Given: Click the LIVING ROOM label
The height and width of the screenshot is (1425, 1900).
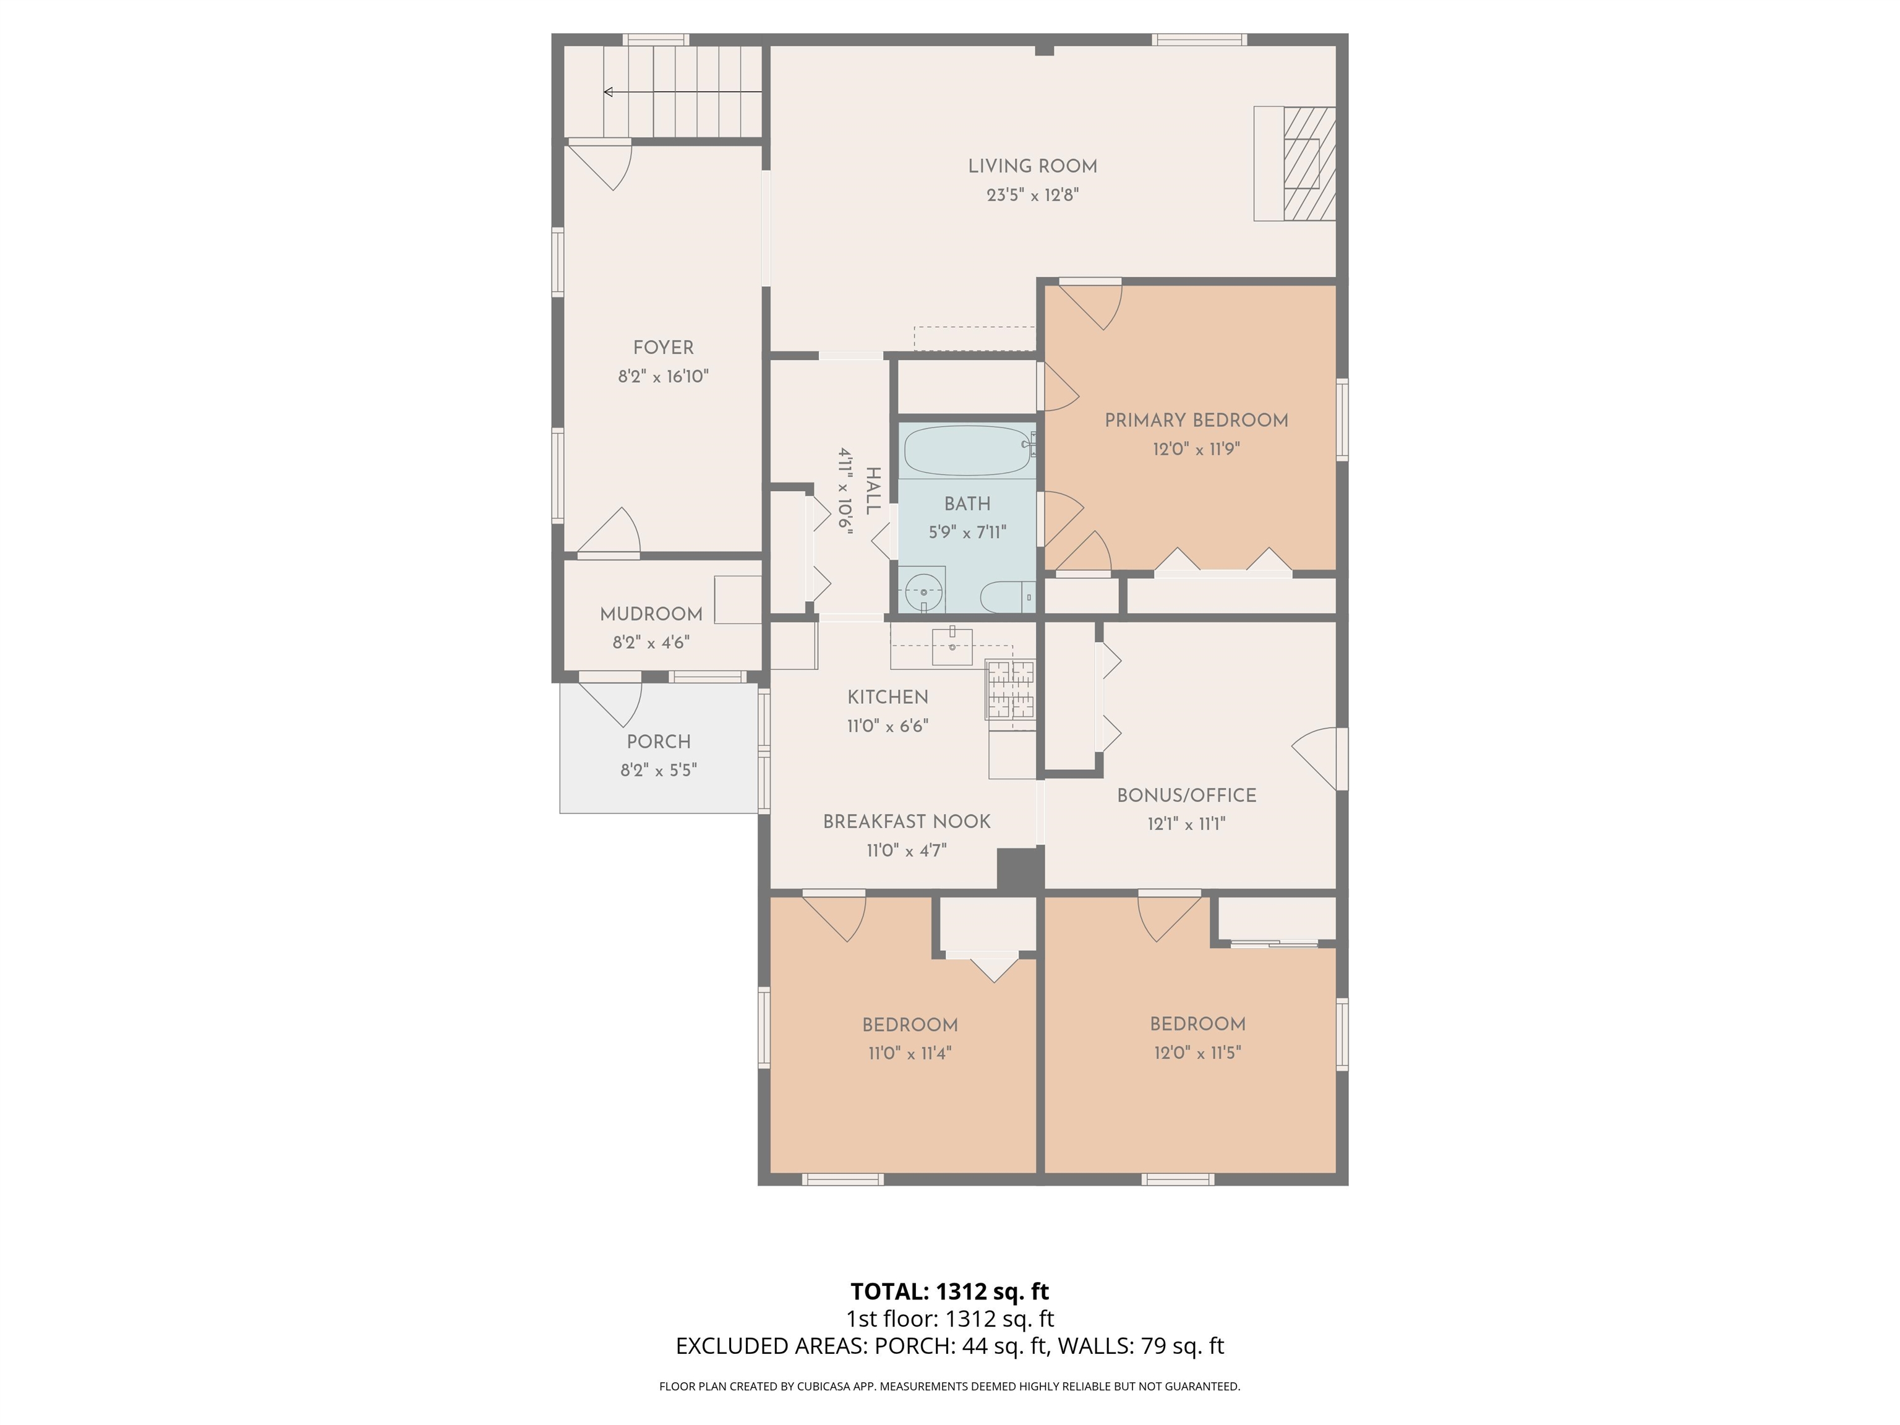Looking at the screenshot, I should (x=1032, y=166).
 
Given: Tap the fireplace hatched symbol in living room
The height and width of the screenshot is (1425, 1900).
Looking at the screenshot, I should (x=1309, y=163).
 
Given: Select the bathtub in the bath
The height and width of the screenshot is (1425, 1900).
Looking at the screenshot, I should (x=966, y=450).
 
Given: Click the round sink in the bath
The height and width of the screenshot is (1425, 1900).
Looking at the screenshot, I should (x=923, y=591).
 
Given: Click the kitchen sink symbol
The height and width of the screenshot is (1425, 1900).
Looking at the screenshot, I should (x=952, y=646).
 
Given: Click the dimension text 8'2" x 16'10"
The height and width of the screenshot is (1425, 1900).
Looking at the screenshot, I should (x=663, y=376).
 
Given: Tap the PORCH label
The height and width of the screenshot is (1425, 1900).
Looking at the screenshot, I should (x=659, y=742).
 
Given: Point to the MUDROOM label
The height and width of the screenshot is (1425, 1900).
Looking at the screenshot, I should (x=651, y=615).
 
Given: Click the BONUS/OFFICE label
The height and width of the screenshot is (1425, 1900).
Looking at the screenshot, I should (x=1186, y=796).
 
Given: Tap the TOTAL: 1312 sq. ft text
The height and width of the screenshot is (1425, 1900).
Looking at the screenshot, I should (x=949, y=1291).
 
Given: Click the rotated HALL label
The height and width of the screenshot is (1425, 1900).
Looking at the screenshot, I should (x=873, y=491).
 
